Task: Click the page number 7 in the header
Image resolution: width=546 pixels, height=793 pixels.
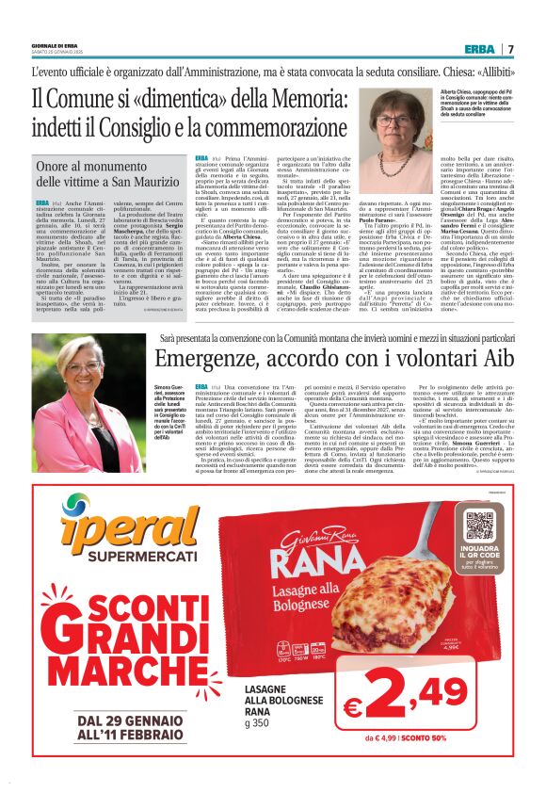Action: pyautogui.click(x=510, y=49)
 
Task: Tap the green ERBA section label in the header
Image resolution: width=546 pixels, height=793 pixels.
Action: pyautogui.click(x=480, y=49)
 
